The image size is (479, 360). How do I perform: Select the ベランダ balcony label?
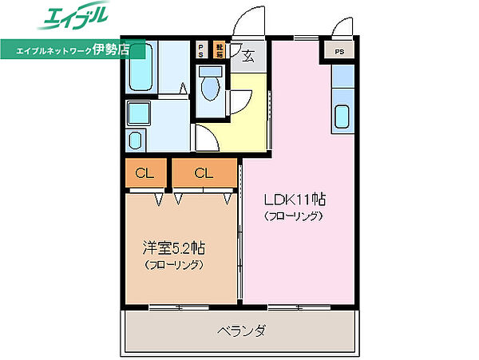(240, 330)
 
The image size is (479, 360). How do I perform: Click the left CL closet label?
(144, 172)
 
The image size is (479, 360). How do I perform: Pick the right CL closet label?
(204, 172)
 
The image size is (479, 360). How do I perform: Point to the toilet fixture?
(212, 88)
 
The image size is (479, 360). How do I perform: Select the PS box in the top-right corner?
(340, 53)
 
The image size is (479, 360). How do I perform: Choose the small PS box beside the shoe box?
(201, 49)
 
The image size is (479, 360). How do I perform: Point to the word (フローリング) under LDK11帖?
(294, 216)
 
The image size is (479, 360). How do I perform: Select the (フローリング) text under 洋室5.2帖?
(173, 264)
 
